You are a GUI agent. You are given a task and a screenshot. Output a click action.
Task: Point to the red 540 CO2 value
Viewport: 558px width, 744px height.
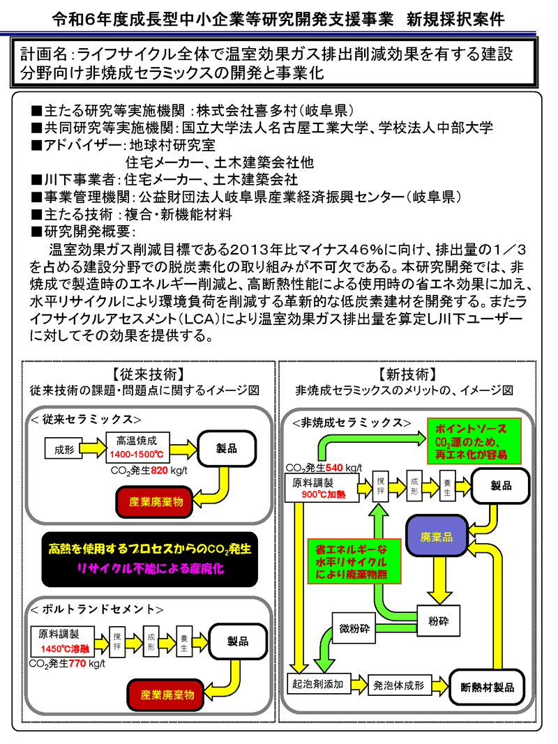[335, 466]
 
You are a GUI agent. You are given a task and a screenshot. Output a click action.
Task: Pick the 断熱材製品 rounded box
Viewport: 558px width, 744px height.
[488, 686]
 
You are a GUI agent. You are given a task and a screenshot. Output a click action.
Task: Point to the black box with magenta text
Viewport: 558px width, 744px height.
[149, 559]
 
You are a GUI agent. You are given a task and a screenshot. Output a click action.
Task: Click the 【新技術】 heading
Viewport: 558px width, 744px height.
[407, 373]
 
